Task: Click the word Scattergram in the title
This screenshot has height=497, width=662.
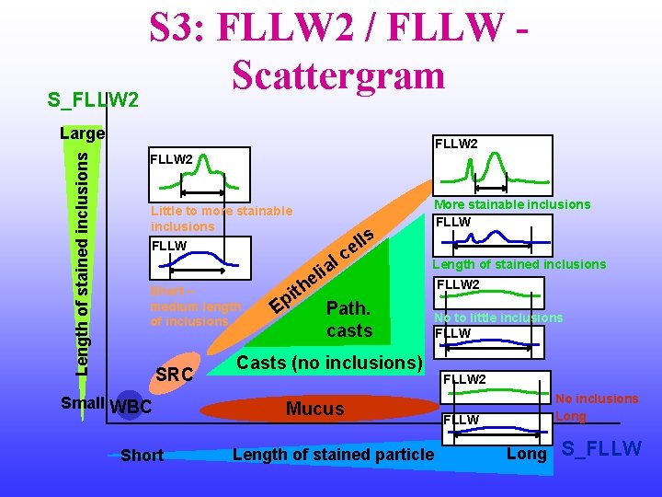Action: click(x=338, y=75)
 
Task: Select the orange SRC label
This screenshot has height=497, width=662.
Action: click(x=175, y=375)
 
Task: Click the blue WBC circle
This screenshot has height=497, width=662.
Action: click(x=129, y=406)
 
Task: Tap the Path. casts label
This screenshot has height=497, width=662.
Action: click(x=349, y=318)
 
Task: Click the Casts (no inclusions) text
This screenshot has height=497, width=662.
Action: click(x=329, y=363)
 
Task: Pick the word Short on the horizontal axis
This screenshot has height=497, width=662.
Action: click(x=142, y=456)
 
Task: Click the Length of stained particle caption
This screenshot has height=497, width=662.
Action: click(x=332, y=453)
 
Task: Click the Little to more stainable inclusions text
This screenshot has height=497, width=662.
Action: click(x=221, y=219)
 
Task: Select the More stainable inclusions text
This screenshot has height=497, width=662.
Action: click(x=512, y=204)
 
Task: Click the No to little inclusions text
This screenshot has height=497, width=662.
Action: click(x=498, y=318)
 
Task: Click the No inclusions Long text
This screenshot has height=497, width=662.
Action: click(x=597, y=408)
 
